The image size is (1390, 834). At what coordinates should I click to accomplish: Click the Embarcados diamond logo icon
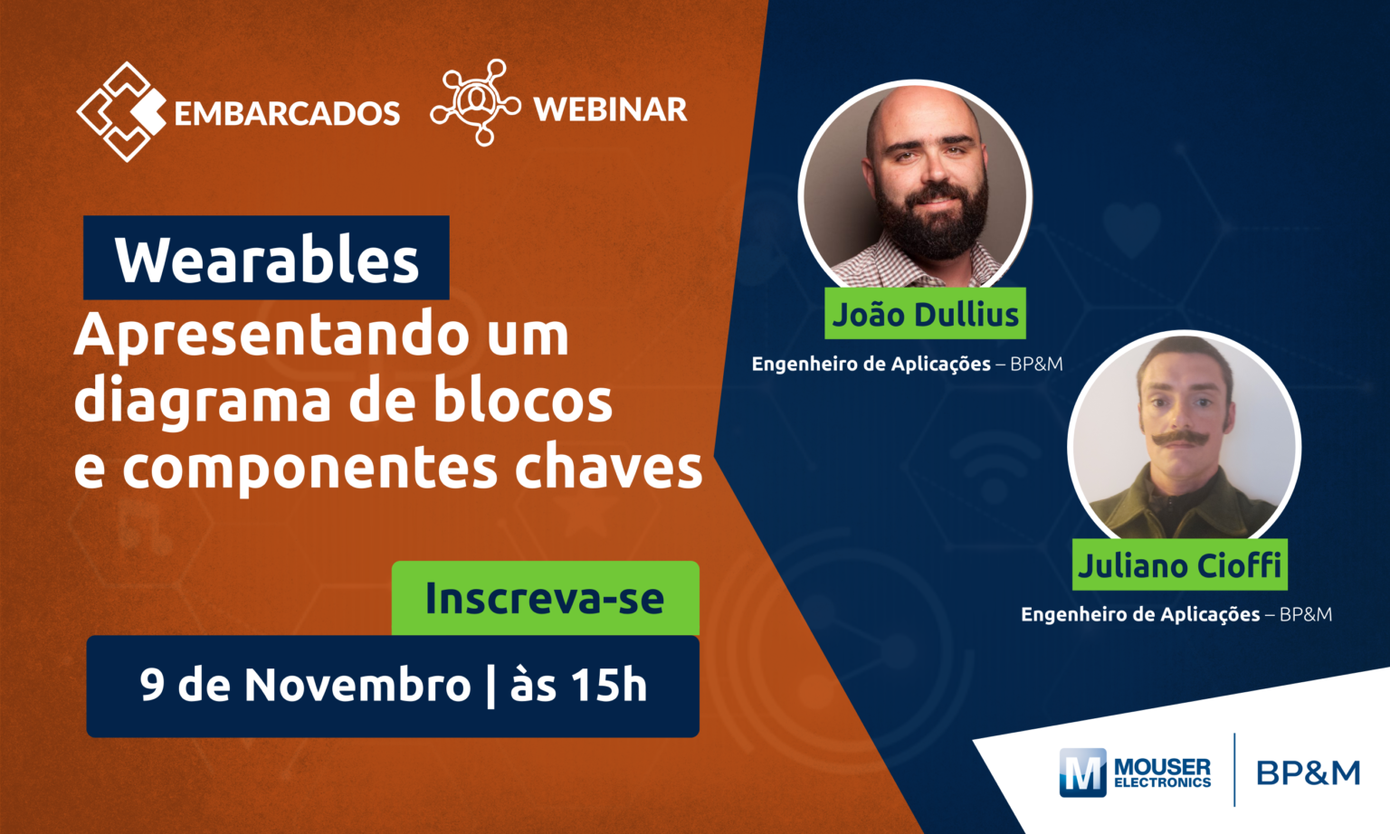tap(121, 111)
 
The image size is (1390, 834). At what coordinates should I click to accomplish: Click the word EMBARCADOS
tap(287, 113)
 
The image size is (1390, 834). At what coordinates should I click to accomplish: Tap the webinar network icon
tap(476, 102)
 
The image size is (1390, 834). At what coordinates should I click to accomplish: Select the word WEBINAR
tap(610, 109)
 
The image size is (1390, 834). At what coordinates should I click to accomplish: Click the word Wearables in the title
tap(267, 261)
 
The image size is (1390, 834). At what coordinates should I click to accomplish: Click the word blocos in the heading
tap(522, 399)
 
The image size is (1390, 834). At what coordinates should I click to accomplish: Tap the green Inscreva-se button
tap(546, 598)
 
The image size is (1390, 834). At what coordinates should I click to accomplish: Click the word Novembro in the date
tap(357, 685)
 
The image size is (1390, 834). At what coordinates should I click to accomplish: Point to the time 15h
tap(609, 685)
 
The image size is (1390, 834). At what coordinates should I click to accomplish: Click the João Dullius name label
tap(925, 313)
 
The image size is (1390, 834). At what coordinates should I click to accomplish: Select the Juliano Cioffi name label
tap(1180, 564)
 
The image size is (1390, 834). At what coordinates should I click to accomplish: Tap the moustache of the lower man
tap(1180, 438)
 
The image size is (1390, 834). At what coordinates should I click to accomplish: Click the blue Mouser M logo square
tap(1082, 772)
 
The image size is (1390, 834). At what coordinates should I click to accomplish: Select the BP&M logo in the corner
tap(1308, 772)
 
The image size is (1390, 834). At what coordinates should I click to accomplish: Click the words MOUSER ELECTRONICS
tap(1162, 772)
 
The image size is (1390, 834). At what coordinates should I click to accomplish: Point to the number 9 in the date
tap(152, 685)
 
